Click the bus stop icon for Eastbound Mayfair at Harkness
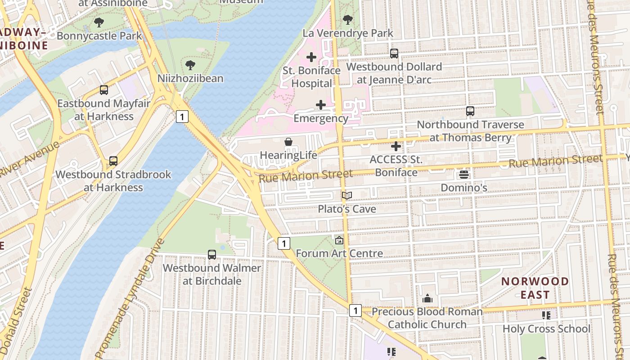104,90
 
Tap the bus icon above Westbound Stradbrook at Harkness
113,161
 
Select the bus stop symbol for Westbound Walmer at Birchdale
212,255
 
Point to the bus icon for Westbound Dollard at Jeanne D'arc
394,54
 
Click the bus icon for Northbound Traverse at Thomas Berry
470,111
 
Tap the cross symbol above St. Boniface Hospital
311,57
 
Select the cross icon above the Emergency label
321,105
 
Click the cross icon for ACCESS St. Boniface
396,146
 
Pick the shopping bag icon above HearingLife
288,142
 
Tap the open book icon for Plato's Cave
346,196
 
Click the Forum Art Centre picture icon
339,240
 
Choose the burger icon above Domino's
464,175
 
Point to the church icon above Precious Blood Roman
427,298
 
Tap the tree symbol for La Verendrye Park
347,20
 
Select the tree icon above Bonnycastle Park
99,22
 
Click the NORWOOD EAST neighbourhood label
535,288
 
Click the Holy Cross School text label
546,329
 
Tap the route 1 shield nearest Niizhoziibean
182,117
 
